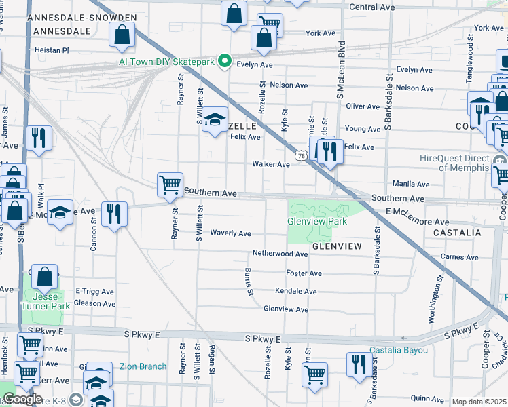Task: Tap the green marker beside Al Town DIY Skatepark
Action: pyautogui.click(x=225, y=62)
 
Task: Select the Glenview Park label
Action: pyautogui.click(x=317, y=221)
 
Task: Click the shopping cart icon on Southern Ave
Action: pyautogui.click(x=169, y=185)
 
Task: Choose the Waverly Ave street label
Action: pyautogui.click(x=230, y=233)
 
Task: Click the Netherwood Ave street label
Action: pyautogui.click(x=280, y=253)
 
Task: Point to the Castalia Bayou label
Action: pyautogui.click(x=399, y=350)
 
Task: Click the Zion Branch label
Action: pyautogui.click(x=143, y=366)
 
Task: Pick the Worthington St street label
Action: pyautogui.click(x=433, y=292)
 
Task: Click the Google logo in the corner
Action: pyautogui.click(x=22, y=399)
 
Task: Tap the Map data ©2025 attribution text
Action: pyautogui.click(x=479, y=402)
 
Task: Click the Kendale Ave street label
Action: pyautogui.click(x=295, y=291)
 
